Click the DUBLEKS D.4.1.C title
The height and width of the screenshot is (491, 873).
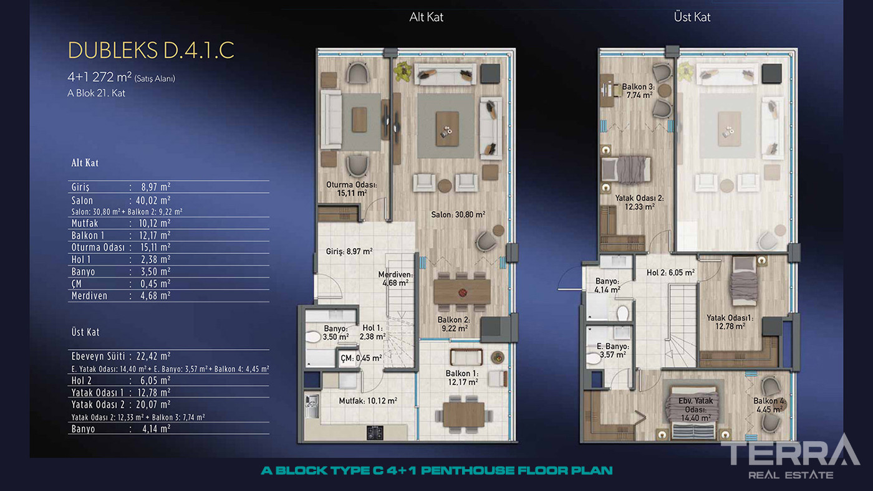coord(151,50)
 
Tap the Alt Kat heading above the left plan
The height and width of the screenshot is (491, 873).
coord(426,17)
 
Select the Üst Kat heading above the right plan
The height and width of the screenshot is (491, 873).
coord(692,17)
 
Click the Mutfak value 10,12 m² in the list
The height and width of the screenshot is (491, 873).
coord(155,224)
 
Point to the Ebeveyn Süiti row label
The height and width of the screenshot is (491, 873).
coord(99,356)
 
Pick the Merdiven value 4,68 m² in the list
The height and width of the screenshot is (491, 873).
coord(155,296)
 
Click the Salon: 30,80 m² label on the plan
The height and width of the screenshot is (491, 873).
coord(458,214)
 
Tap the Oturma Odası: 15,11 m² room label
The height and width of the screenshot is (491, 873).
coord(352,189)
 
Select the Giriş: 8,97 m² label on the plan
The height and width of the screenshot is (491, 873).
coord(349,252)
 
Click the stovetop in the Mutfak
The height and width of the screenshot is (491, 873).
coord(375,432)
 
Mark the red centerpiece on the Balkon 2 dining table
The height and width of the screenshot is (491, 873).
coord(463,292)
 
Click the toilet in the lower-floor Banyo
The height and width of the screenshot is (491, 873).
coord(312,337)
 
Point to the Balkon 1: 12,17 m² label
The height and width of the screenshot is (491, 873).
coord(462,378)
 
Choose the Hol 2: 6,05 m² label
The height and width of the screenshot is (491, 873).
coord(670,272)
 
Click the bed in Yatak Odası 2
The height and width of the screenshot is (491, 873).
coord(626,170)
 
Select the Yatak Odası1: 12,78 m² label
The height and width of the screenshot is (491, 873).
coord(730,322)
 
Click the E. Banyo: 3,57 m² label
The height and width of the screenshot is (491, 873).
coord(612,350)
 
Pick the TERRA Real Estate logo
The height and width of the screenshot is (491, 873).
coord(790,457)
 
